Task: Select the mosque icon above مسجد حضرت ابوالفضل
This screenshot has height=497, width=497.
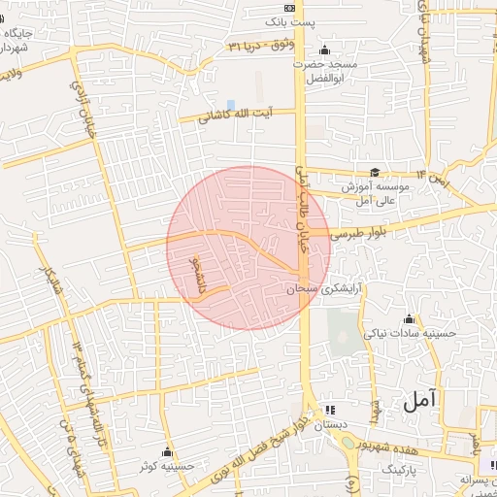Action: click(323, 50)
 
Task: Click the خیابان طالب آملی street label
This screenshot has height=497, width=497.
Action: click(302, 208)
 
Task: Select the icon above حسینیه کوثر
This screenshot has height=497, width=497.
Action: click(168, 451)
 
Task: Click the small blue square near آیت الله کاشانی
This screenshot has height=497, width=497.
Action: click(230, 104)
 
